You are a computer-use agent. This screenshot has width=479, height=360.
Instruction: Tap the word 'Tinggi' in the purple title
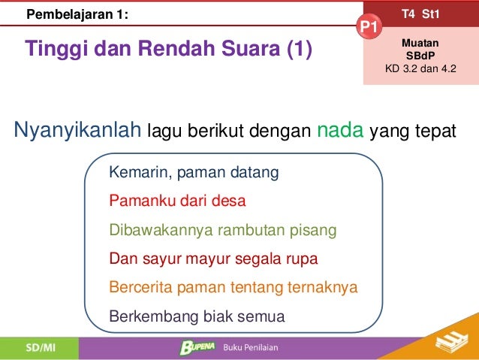[x=56, y=50]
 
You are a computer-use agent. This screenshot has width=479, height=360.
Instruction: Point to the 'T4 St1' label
[x=420, y=13]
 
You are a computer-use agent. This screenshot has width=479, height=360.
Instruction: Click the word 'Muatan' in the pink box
[x=420, y=44]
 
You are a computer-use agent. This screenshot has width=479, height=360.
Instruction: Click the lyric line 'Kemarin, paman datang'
[x=194, y=173]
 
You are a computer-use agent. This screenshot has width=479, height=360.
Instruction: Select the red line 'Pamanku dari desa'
[x=177, y=201]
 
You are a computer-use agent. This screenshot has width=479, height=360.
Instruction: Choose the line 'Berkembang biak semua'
[x=197, y=316]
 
